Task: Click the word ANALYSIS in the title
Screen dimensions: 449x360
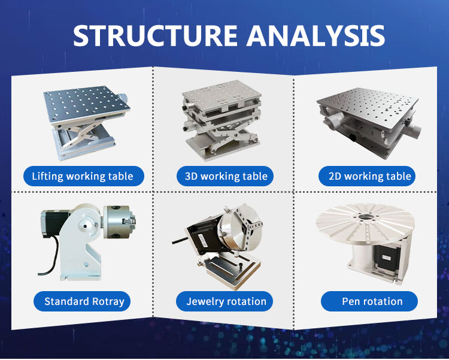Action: click(x=315, y=35)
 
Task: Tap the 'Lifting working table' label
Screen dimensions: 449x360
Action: click(x=83, y=176)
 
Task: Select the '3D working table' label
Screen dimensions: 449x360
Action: click(x=225, y=176)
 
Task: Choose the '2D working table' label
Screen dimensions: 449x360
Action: click(x=367, y=176)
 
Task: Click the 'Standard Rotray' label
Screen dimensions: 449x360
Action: click(x=82, y=301)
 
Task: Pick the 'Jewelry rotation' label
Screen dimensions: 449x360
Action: click(x=224, y=301)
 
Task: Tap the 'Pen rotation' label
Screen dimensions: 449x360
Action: click(x=369, y=301)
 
